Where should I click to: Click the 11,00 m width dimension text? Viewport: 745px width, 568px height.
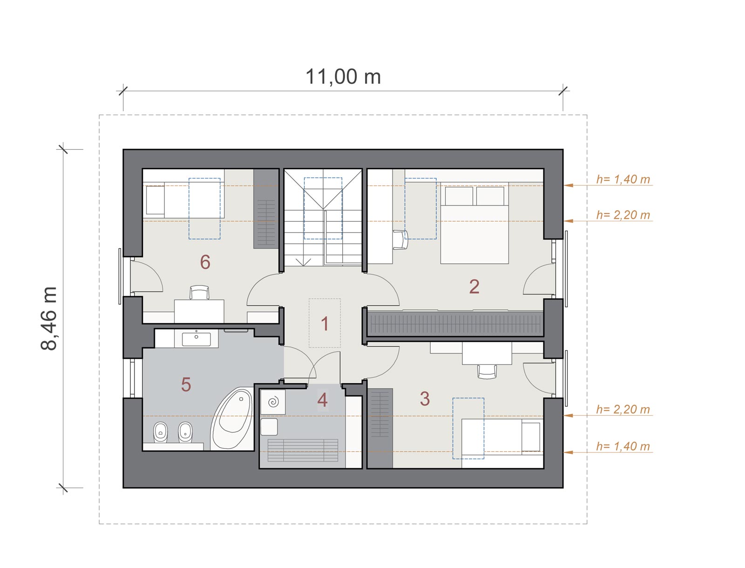[x=343, y=77]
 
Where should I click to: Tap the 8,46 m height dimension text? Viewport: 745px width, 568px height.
[x=48, y=318]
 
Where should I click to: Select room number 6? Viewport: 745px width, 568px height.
[x=205, y=262]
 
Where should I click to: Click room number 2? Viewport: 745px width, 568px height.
[x=474, y=286]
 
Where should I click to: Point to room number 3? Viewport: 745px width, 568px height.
[x=425, y=398]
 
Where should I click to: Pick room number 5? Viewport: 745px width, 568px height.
[x=186, y=384]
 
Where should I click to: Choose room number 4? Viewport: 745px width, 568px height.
[x=322, y=400]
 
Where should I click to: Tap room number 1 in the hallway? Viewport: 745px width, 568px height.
[x=325, y=323]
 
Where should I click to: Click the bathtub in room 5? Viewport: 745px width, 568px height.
[x=232, y=418]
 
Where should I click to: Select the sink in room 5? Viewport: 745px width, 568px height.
[x=196, y=339]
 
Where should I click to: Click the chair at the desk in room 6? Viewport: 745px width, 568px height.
[x=199, y=293]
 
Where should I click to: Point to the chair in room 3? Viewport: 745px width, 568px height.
[x=487, y=371]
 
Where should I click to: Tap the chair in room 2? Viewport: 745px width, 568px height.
[x=400, y=240]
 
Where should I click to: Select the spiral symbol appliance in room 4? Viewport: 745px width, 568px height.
[x=273, y=402]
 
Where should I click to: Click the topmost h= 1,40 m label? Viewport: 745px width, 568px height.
[x=623, y=179]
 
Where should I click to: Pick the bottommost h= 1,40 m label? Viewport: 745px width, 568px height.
[x=623, y=446]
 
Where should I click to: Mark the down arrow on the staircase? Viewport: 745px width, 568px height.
[x=304, y=262]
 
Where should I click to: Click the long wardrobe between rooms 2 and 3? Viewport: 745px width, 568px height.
[x=456, y=323]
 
